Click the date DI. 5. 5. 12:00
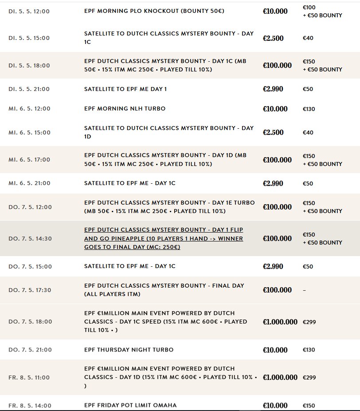[x=29, y=11]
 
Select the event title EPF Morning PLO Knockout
[x=154, y=11]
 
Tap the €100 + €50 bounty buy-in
[x=322, y=12]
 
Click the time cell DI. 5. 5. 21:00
[x=29, y=89]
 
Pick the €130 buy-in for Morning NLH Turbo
[x=309, y=109]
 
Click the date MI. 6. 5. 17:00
[x=29, y=160]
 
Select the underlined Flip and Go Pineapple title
[x=164, y=238]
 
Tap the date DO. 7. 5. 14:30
[x=30, y=238]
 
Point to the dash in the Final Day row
[x=305, y=290]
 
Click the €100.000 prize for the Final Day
[x=277, y=290]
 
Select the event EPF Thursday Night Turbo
[x=129, y=350]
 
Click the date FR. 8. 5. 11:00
[x=29, y=378]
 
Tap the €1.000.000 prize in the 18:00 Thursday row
[x=280, y=322]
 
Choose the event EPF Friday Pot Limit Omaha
[x=130, y=405]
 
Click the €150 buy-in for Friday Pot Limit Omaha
[x=309, y=406]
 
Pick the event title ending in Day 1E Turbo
[x=169, y=207]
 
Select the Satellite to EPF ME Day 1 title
[x=125, y=89]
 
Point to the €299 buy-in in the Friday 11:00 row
[x=309, y=378]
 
